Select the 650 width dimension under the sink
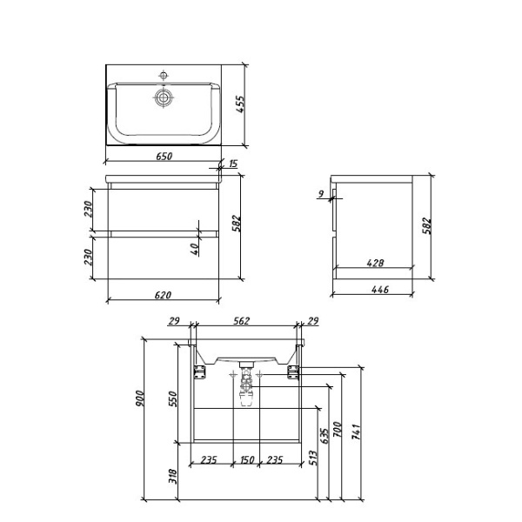[x=164, y=157]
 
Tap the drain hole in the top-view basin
[x=164, y=98]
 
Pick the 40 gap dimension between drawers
[x=196, y=247]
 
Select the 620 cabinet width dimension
[x=164, y=295]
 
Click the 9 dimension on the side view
[x=321, y=194]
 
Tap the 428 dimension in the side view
[x=376, y=262]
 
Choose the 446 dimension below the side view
[x=376, y=290]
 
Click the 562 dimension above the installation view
[x=242, y=321]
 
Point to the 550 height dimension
[x=172, y=398]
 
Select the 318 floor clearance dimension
[x=172, y=475]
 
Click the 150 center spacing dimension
[x=246, y=459]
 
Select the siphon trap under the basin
[x=246, y=388]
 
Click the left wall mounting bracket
[x=199, y=371]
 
